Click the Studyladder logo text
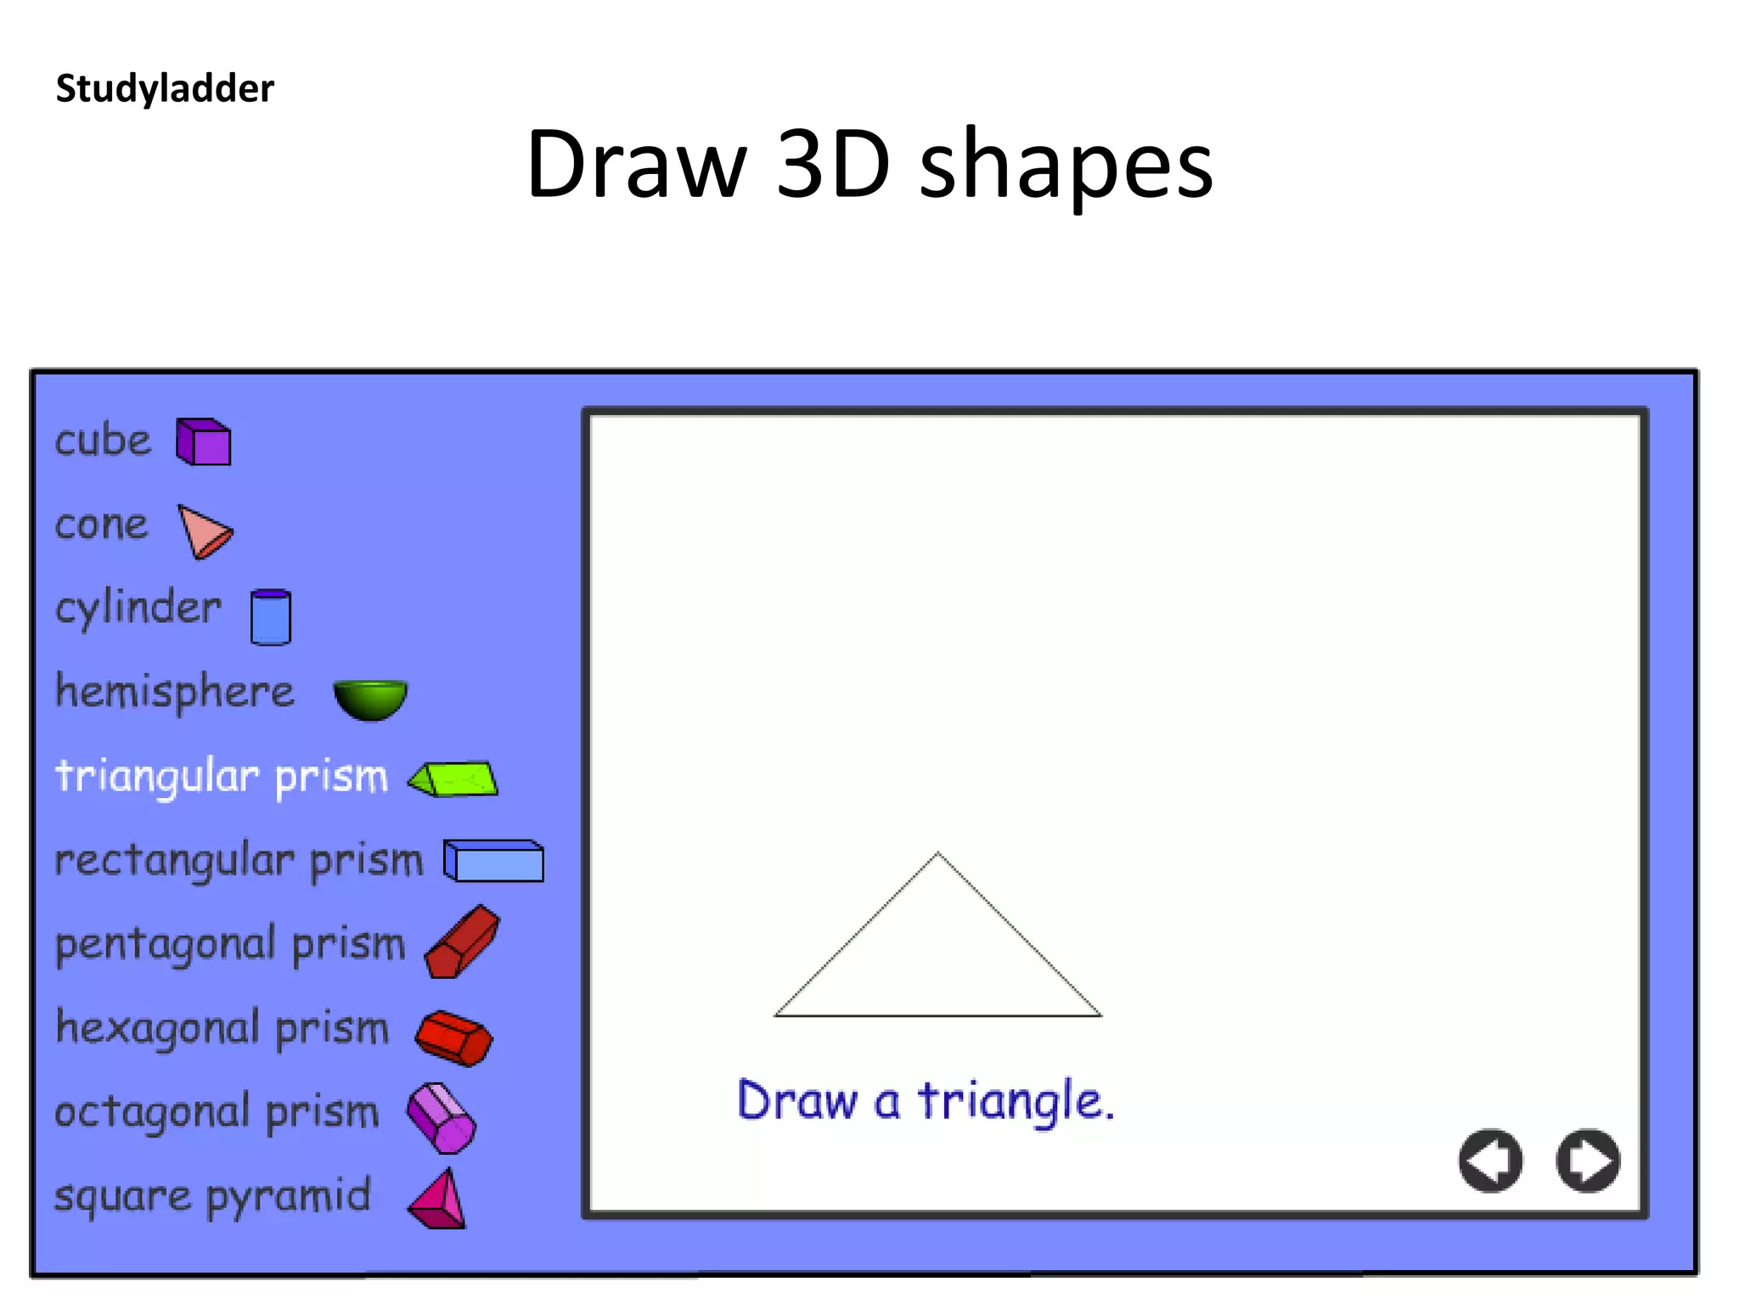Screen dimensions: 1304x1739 [x=165, y=88]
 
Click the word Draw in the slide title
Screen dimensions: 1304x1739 [x=636, y=163]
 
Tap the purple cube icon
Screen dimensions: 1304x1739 [x=204, y=441]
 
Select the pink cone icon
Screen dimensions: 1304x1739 [x=204, y=531]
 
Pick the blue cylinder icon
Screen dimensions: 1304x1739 [x=271, y=617]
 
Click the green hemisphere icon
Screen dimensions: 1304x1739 [x=370, y=699]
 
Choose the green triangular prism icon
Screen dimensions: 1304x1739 [x=454, y=778]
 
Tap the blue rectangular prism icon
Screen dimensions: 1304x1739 [x=493, y=861]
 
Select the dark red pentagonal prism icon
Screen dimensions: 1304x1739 [x=463, y=941]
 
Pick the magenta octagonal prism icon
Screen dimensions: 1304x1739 [x=442, y=1118]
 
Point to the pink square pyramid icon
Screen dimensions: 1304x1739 [x=439, y=1200]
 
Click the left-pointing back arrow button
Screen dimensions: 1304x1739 [x=1490, y=1161]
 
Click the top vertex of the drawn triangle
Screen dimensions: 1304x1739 [x=937, y=853]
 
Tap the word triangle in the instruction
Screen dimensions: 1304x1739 [x=1016, y=1102]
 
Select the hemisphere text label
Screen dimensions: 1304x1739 [x=175, y=692]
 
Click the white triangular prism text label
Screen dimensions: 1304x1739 [x=222, y=777]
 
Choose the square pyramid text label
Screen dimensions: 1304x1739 [x=212, y=1197]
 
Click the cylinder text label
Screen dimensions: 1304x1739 [x=138, y=609]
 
